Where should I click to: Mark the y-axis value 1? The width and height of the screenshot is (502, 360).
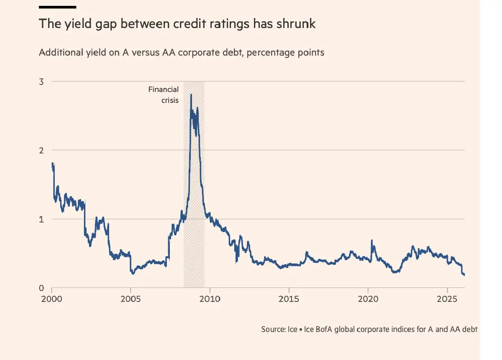(41, 219)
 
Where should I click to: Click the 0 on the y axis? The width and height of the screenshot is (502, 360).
(41, 288)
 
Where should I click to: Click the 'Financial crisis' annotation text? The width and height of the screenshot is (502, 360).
(164, 94)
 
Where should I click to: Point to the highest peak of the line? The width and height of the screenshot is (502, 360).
(191, 95)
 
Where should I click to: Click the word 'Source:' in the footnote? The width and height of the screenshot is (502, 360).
(274, 329)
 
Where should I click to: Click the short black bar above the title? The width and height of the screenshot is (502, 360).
(57, 7)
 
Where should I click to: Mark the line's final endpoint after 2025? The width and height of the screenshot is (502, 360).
(464, 275)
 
